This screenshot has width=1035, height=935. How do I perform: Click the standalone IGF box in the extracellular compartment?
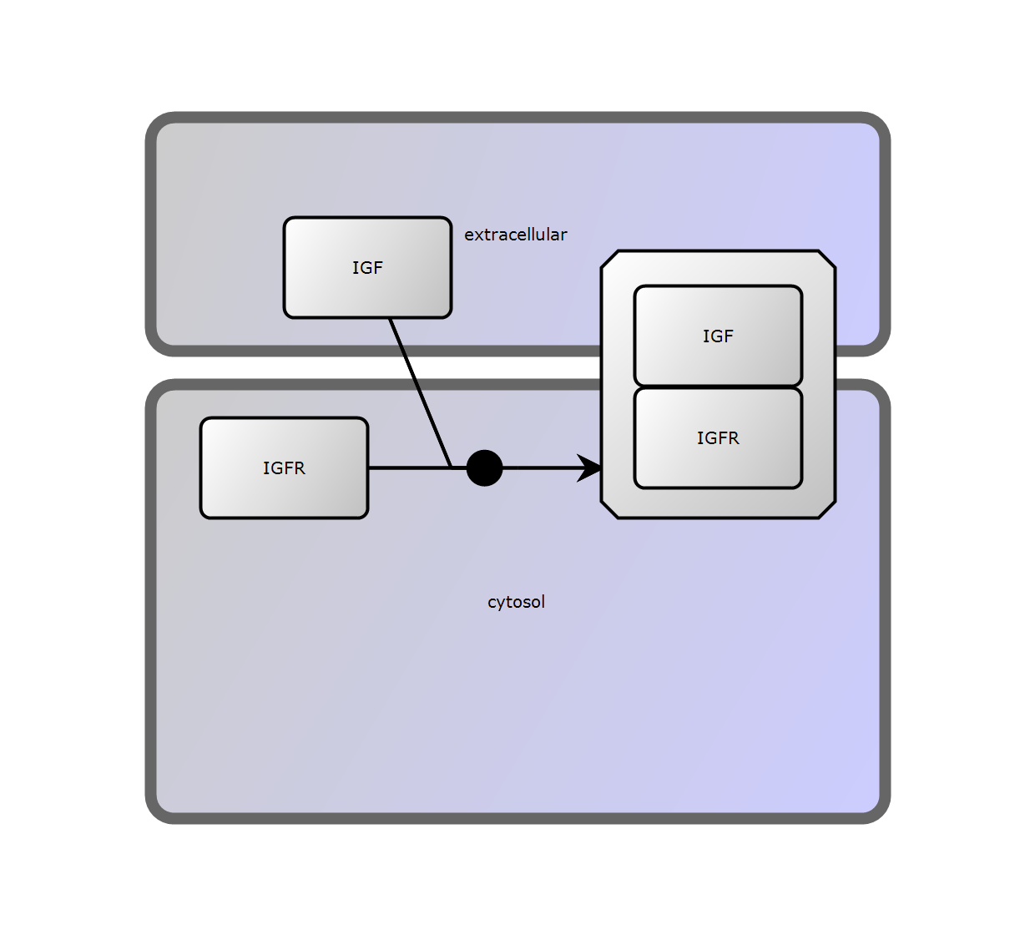tap(367, 267)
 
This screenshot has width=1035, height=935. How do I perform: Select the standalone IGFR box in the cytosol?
tap(284, 467)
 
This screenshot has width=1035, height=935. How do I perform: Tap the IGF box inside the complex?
tap(718, 336)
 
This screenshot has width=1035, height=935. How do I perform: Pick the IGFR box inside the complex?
tap(718, 437)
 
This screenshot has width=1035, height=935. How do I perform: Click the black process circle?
tap(484, 467)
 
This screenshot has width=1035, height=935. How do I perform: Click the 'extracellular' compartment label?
tap(515, 235)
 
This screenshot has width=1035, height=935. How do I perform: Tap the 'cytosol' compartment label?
tap(516, 602)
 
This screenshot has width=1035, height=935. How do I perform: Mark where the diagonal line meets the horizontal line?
tap(452, 467)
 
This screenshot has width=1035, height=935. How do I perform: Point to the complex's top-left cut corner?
tap(609, 259)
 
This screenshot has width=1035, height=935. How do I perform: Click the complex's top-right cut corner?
tap(826, 259)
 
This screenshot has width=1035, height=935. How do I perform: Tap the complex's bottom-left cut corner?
tap(609, 510)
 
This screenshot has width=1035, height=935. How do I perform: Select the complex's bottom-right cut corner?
tap(826, 510)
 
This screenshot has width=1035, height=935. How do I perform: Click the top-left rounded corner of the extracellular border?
tap(159, 125)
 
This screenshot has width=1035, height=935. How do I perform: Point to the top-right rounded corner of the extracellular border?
tap(876, 125)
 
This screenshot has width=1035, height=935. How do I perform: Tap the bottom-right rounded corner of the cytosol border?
tap(876, 810)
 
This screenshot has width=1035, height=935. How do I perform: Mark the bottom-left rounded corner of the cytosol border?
tap(159, 810)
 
